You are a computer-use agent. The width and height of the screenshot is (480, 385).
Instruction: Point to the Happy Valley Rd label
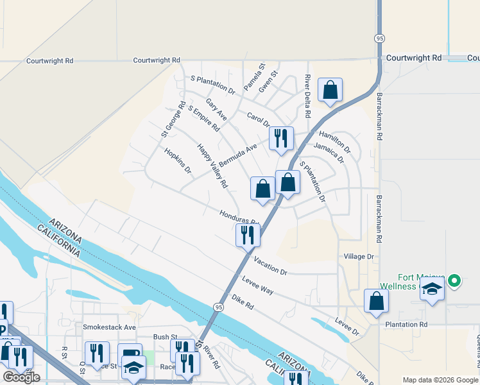(x=212, y=166)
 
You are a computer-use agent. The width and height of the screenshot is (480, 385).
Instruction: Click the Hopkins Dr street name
(x=178, y=161)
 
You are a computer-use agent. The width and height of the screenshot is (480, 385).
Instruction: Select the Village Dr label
(x=359, y=257)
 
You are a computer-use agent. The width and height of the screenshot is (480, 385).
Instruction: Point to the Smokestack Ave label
(x=110, y=327)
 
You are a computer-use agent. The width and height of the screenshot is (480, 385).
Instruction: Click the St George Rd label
(x=173, y=119)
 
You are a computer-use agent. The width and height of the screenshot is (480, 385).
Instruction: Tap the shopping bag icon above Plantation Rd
(x=376, y=301)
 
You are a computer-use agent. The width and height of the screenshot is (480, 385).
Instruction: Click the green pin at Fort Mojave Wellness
(x=454, y=280)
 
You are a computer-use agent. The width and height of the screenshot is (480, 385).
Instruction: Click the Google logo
(x=21, y=377)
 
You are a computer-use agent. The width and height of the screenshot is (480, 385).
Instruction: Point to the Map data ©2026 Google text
(x=440, y=380)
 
